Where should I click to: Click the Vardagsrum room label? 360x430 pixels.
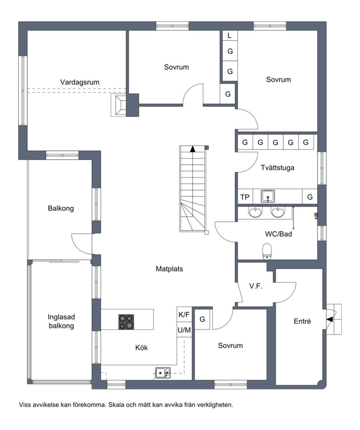click(x=79, y=82)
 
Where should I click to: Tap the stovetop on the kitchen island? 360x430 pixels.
click(x=126, y=322)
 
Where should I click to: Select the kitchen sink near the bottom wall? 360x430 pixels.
click(x=163, y=373)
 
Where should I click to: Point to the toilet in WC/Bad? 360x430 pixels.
click(x=267, y=252)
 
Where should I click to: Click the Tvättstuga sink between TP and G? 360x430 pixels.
click(x=268, y=196)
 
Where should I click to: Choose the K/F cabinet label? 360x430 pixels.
click(x=184, y=315)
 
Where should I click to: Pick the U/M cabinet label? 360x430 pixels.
click(x=184, y=330)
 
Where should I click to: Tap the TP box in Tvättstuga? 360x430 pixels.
click(x=245, y=197)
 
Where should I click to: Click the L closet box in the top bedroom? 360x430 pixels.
click(x=229, y=35)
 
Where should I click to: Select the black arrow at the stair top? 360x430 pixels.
click(x=193, y=149)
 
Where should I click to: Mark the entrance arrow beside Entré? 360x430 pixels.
click(x=330, y=319)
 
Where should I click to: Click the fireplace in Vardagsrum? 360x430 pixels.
click(x=118, y=105)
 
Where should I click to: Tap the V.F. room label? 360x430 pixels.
click(x=256, y=286)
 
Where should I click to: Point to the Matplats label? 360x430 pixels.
click(x=169, y=269)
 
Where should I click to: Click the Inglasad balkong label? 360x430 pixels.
click(x=61, y=321)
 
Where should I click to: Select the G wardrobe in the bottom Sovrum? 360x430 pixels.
click(x=202, y=319)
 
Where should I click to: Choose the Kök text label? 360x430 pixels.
click(x=142, y=348)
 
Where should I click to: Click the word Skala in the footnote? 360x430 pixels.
click(x=115, y=405)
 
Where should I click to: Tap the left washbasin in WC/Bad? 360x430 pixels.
click(x=255, y=212)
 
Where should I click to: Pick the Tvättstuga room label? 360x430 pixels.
click(x=277, y=168)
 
